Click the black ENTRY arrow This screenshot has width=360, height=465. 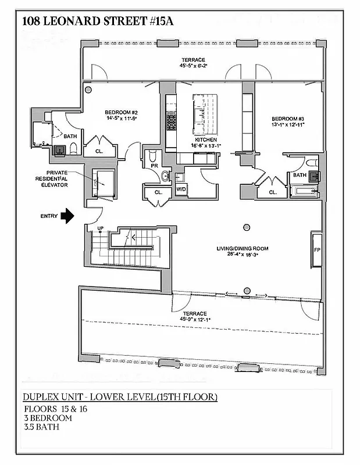tap(68, 216)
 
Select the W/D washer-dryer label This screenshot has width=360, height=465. tap(181, 189)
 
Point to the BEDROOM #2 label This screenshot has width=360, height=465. tap(121, 112)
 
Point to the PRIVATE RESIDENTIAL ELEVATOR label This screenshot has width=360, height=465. tap(50, 178)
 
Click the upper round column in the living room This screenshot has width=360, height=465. tap(247, 227)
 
